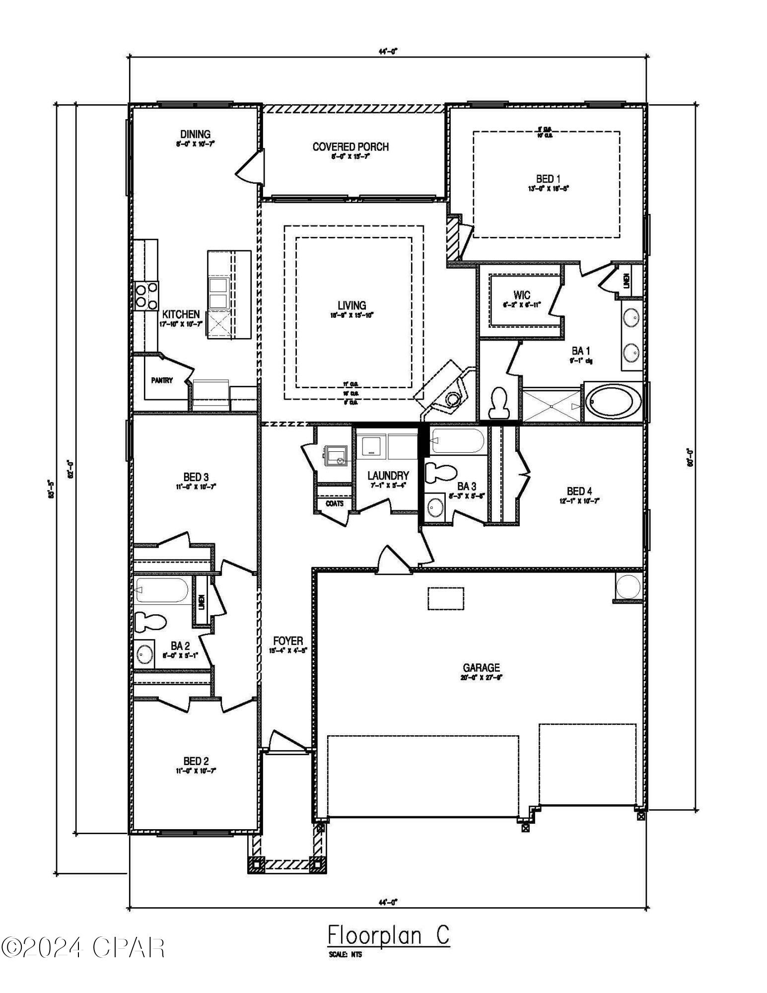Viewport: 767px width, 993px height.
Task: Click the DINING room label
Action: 195,134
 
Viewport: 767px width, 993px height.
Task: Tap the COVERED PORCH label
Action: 350,147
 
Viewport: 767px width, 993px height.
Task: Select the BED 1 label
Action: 548,179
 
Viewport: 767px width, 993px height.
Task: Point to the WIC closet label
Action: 522,295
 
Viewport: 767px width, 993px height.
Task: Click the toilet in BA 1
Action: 498,402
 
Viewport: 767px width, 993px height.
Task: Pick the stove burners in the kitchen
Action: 146,295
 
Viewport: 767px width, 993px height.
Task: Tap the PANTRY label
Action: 162,381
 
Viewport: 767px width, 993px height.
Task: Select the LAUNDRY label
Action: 388,476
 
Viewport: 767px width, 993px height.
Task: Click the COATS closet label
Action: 334,503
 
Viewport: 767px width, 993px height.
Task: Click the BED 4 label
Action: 579,492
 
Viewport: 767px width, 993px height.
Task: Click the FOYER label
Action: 288,641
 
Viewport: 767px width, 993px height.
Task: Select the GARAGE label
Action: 481,668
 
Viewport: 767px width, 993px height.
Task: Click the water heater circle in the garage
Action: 628,587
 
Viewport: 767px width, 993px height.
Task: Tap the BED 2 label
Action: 196,761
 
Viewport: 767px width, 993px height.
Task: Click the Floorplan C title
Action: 388,936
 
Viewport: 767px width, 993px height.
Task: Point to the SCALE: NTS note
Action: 345,954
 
